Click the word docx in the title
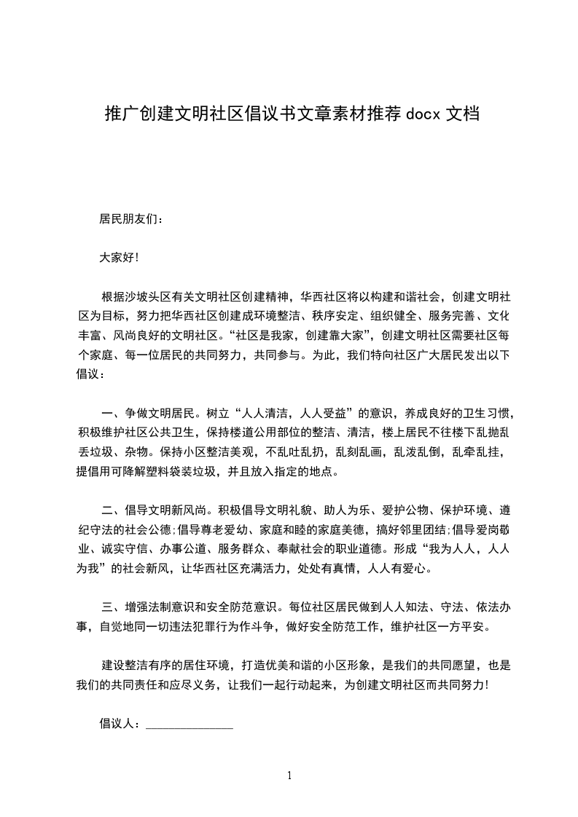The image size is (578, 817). (422, 114)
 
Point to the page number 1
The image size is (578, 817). (289, 775)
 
